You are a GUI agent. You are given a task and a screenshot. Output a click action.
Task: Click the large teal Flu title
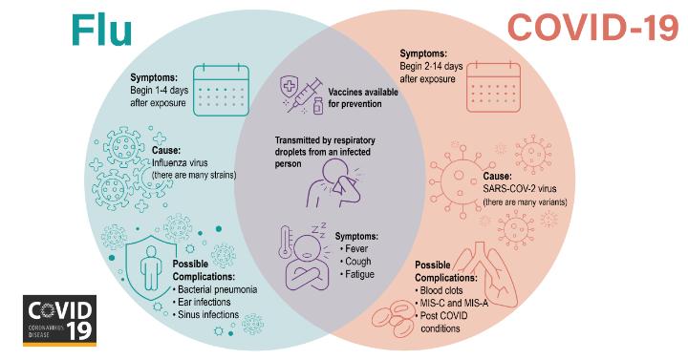[x=102, y=29]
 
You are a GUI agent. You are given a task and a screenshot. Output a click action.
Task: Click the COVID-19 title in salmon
[x=592, y=27]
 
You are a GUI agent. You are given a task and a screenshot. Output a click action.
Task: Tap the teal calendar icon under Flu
[x=221, y=90]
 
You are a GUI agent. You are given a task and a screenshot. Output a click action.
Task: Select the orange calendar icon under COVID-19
[x=493, y=86]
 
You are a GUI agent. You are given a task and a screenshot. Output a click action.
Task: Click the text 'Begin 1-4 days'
[x=159, y=91]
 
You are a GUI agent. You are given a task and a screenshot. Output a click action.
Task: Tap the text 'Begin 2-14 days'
[x=431, y=66]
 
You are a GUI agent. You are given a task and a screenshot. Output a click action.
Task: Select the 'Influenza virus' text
[x=180, y=162]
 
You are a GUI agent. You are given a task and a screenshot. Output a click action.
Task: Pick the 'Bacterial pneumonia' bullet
[x=215, y=289]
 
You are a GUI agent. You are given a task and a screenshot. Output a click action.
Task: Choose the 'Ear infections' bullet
[x=202, y=302]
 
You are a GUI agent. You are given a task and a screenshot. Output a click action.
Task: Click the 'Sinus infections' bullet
[x=205, y=314]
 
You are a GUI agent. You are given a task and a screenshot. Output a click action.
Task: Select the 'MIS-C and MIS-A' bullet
[x=451, y=303]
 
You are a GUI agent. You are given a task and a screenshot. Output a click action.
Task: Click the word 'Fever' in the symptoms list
[x=354, y=248]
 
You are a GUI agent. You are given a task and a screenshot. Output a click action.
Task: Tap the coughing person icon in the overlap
[x=334, y=183]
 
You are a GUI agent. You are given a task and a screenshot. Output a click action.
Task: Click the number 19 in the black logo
[x=79, y=328]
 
